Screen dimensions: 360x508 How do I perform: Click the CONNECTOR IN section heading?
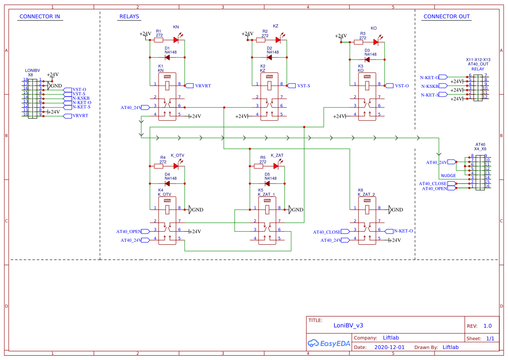[x=40, y=17]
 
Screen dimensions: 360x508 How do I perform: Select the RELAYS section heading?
[x=129, y=17]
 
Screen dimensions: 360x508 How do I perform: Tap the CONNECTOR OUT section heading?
[x=446, y=17]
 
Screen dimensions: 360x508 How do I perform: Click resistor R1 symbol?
[x=159, y=40]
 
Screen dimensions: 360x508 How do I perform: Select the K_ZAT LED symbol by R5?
[x=276, y=166]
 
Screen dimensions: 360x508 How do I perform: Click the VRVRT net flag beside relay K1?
[x=189, y=86]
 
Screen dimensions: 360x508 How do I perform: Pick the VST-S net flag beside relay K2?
[x=291, y=86]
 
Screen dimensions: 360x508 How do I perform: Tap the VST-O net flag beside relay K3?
[x=389, y=86]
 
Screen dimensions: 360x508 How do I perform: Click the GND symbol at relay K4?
[x=190, y=210]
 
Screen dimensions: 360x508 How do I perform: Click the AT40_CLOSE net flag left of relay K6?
[x=346, y=232]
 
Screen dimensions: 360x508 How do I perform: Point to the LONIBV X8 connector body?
[x=32, y=98]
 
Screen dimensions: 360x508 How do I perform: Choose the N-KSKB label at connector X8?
[x=81, y=98]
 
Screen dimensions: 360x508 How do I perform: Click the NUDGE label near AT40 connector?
[x=448, y=176]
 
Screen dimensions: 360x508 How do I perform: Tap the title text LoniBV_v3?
[x=348, y=325]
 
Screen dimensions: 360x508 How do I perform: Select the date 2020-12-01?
[x=389, y=347]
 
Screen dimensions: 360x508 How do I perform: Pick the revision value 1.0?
[x=488, y=326]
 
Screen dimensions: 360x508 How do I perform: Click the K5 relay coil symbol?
[x=267, y=210]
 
